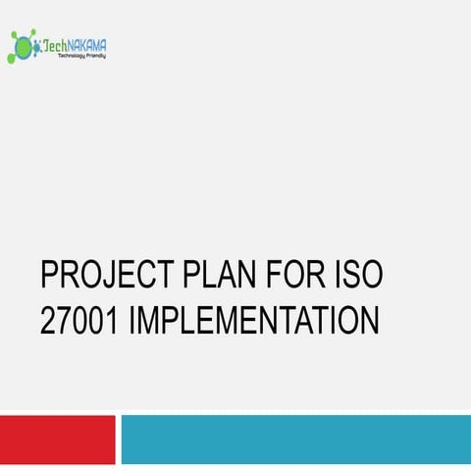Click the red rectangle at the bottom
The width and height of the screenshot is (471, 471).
58,439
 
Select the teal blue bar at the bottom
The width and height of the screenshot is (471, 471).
295,439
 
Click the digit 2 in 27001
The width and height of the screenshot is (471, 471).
48,321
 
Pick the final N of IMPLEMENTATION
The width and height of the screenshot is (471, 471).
369,321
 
